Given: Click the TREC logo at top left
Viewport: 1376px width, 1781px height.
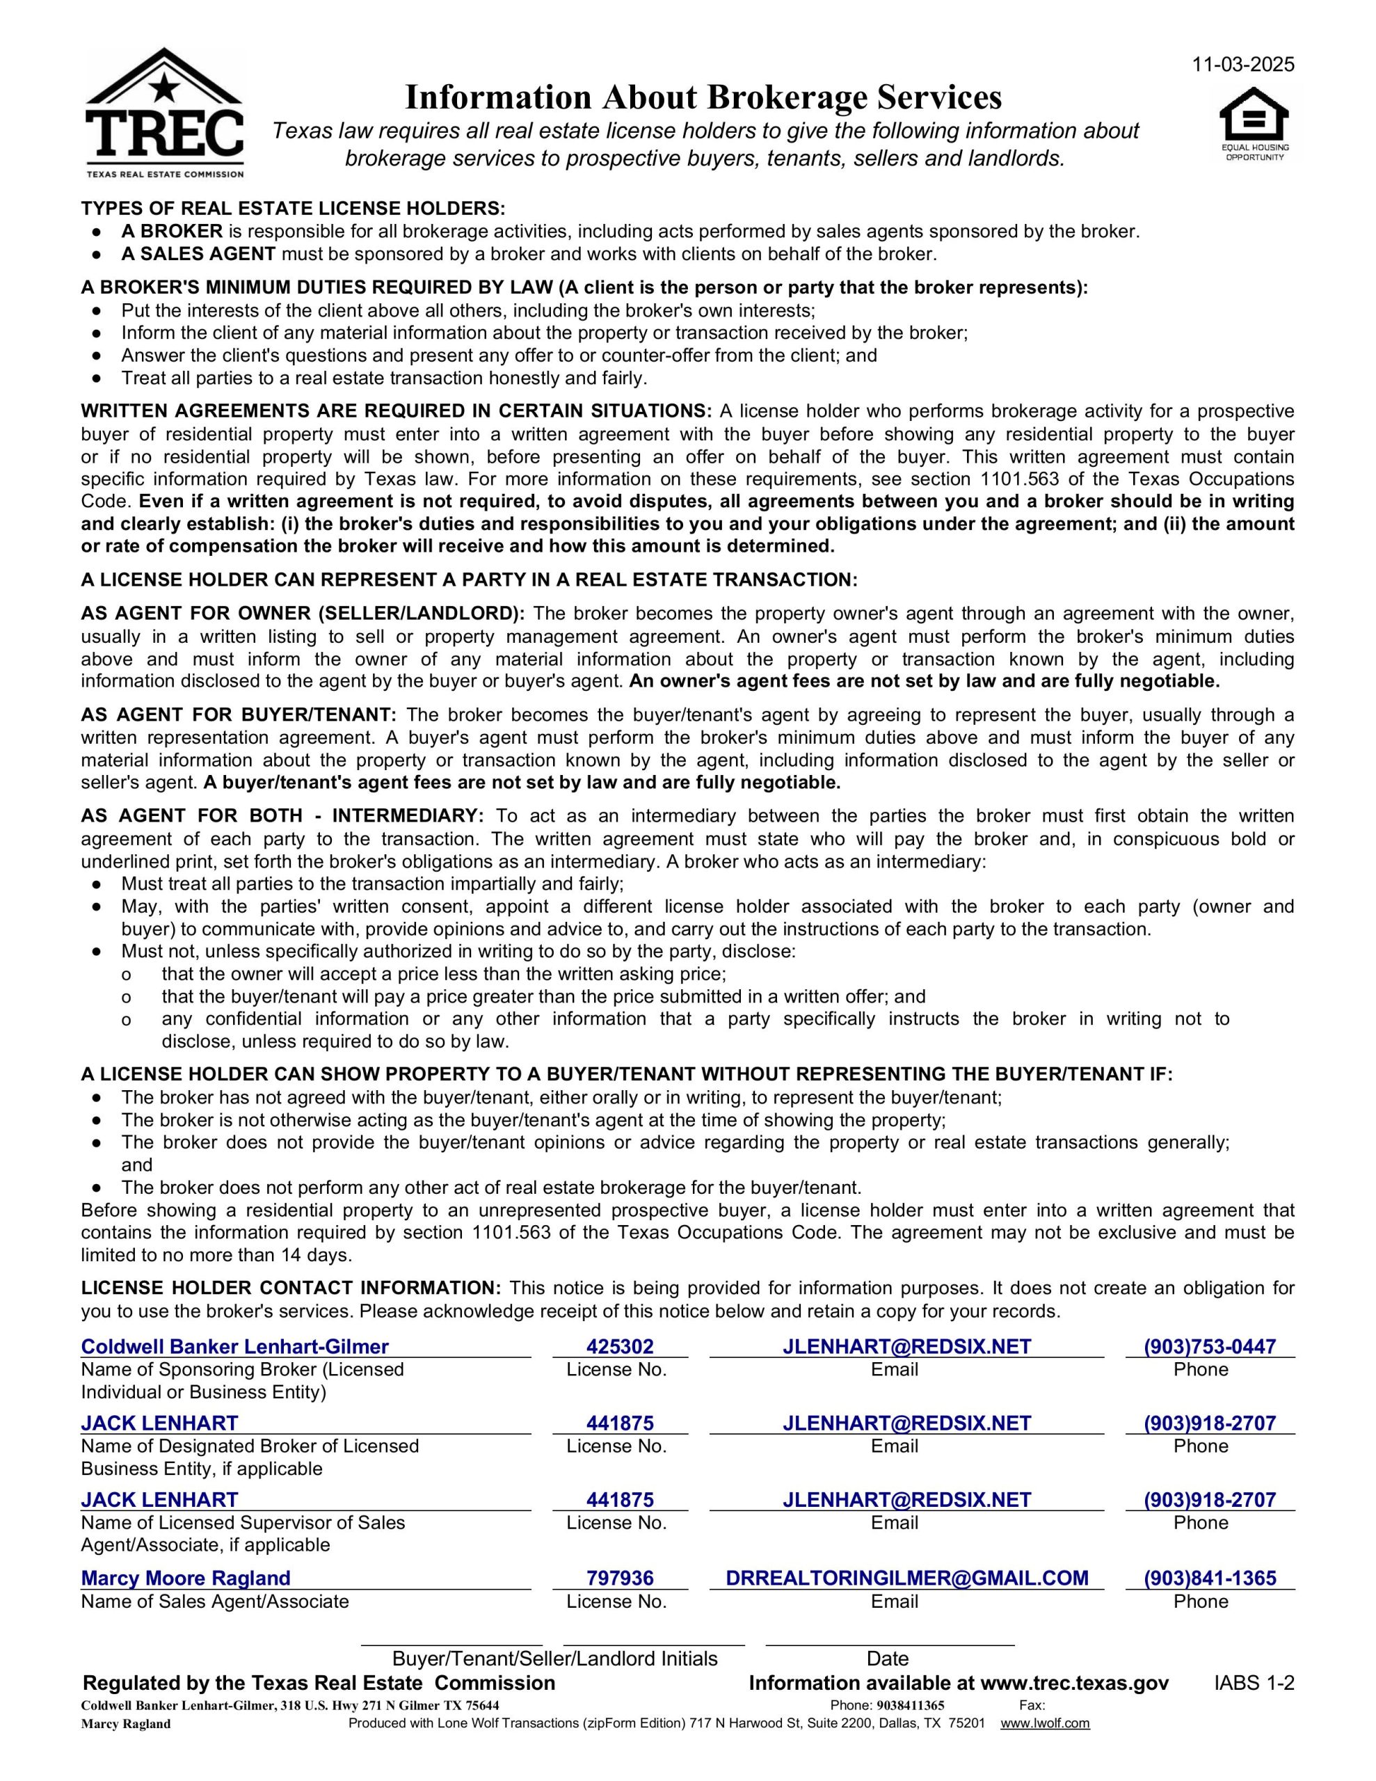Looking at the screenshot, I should pyautogui.click(x=164, y=114).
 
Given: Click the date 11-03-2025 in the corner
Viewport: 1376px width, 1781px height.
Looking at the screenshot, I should pyautogui.click(x=1243, y=65).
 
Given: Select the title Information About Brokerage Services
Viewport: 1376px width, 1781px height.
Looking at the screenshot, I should pyautogui.click(x=703, y=98).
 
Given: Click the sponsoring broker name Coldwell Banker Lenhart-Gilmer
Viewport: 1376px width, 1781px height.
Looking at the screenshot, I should pyautogui.click(x=235, y=1346).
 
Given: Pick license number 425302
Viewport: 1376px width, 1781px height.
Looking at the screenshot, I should pyautogui.click(x=620, y=1346).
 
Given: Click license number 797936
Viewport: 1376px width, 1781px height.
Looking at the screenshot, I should pyautogui.click(x=620, y=1578).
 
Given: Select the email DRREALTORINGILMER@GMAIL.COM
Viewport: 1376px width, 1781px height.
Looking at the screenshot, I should pyautogui.click(x=907, y=1578).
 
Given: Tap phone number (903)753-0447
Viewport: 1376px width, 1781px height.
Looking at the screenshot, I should pyautogui.click(x=1210, y=1346).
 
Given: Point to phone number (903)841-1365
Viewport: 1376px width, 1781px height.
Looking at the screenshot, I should pyautogui.click(x=1210, y=1578).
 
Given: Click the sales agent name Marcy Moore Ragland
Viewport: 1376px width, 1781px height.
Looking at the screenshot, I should pyautogui.click(x=185, y=1578).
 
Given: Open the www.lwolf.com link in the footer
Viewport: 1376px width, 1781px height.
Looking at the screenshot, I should pyautogui.click(x=1045, y=1723).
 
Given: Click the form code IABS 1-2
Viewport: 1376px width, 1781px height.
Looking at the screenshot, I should pyautogui.click(x=1254, y=1683).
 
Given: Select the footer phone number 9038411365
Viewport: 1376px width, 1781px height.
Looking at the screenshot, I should pyautogui.click(x=911, y=1705).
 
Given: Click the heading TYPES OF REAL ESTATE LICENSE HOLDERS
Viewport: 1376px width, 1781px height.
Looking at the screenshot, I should pyautogui.click(x=293, y=209).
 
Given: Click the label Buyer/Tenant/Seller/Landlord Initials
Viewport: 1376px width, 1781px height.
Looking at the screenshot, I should pyautogui.click(x=554, y=1659).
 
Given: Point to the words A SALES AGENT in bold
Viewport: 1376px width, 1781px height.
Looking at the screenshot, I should pyautogui.click(x=198, y=254).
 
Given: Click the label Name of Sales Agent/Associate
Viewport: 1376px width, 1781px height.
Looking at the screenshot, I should pyautogui.click(x=214, y=1601).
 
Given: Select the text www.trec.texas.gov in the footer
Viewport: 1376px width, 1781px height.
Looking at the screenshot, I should pyautogui.click(x=1074, y=1683).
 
